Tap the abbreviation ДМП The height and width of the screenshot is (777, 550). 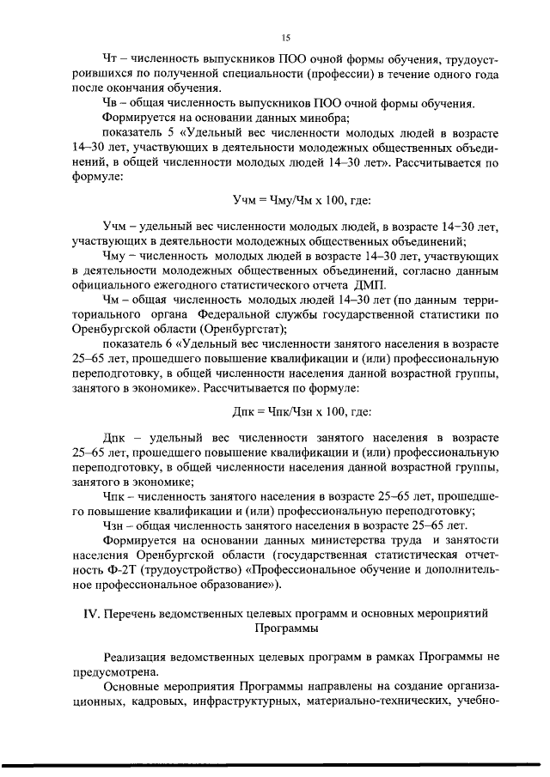370,285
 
